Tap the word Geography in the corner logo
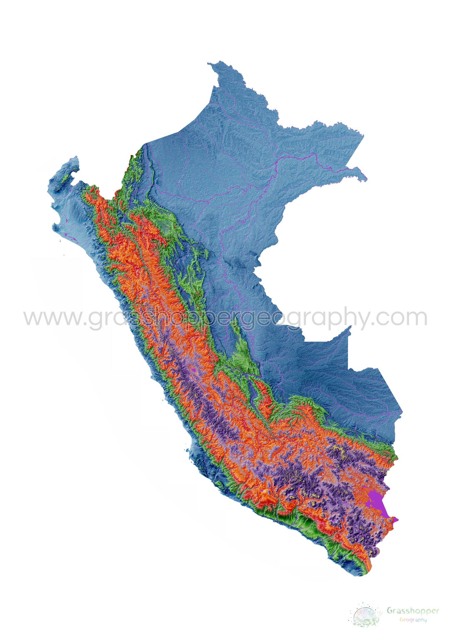click(412, 620)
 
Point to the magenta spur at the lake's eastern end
click(396, 520)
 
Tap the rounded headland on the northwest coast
click(55, 227)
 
